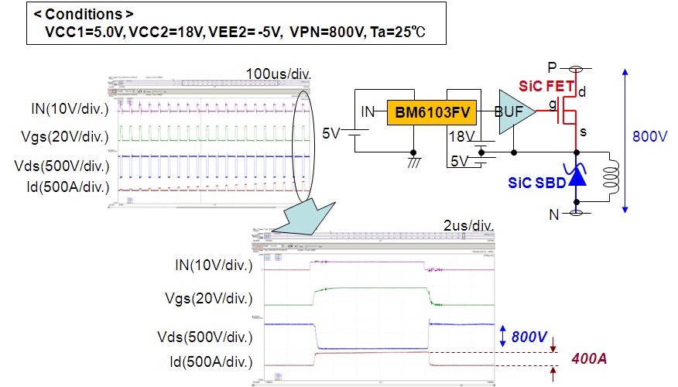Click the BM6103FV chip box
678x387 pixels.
[x=432, y=113]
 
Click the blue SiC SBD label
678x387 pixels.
[x=535, y=183]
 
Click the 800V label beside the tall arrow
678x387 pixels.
[x=649, y=137]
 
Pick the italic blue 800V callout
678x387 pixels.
[x=529, y=337]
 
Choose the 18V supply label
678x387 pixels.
[x=461, y=137]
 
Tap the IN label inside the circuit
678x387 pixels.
[x=368, y=113]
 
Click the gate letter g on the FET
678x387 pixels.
[x=552, y=103]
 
